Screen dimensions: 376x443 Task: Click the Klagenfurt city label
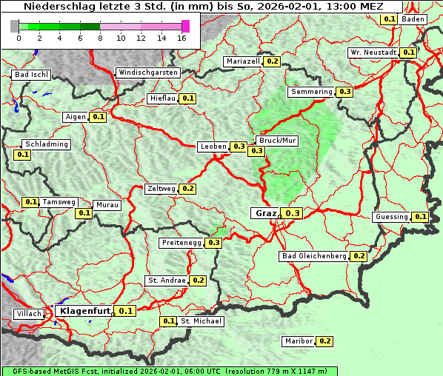click(x=84, y=311)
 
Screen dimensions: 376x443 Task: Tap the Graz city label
click(x=265, y=213)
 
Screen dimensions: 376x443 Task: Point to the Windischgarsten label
click(x=147, y=73)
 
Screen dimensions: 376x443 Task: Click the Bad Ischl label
click(x=32, y=75)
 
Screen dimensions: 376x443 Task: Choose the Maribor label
click(x=298, y=341)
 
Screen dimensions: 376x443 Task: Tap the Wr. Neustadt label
click(x=373, y=53)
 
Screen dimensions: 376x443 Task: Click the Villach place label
click(x=29, y=314)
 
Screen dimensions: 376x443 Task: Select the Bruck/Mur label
click(x=277, y=140)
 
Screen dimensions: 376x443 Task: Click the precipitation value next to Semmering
click(x=344, y=92)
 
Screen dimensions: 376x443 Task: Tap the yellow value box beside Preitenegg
click(x=214, y=242)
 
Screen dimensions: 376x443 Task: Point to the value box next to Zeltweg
click(x=187, y=189)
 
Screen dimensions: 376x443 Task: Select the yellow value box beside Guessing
click(x=420, y=217)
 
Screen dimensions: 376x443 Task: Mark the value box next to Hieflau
click(x=187, y=98)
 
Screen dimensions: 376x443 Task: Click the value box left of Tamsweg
click(x=30, y=202)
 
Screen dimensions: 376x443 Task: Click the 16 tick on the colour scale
click(x=182, y=37)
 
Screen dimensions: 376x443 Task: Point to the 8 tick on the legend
click(x=100, y=37)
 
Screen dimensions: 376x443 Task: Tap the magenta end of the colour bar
click(x=185, y=26)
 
